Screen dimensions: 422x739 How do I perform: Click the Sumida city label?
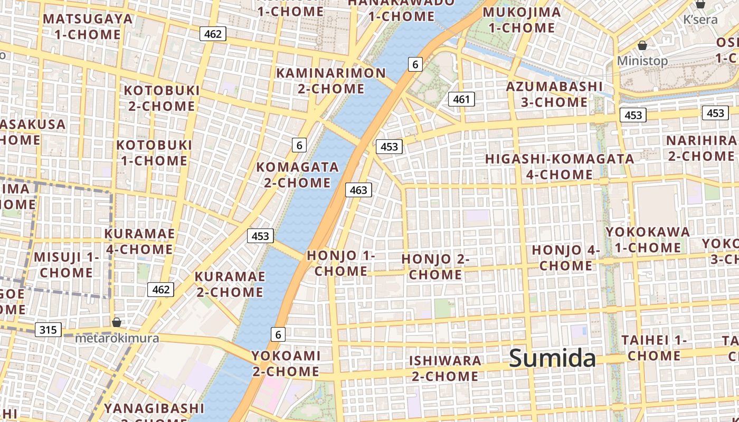tap(552, 359)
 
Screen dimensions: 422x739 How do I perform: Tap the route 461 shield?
tap(461, 99)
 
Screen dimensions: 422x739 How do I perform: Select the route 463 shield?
tap(358, 190)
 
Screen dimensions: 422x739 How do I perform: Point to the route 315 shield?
tap(48, 330)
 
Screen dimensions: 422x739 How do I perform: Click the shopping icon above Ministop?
tap(642, 45)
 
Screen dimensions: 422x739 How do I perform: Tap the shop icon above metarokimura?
tap(117, 322)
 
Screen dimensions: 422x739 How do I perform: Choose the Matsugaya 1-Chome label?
tap(88, 26)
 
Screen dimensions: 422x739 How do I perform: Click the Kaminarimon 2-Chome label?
tap(331, 80)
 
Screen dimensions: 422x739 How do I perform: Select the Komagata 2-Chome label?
tap(298, 175)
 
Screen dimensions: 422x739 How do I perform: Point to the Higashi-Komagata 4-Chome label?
tap(560, 166)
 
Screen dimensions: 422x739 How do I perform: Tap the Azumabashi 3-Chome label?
tap(554, 94)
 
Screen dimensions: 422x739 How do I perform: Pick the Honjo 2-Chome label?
tap(435, 266)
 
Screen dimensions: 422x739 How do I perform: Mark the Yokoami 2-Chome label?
tap(286, 363)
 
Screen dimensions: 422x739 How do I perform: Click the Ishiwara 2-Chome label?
tap(446, 368)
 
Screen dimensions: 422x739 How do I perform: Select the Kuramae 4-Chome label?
tap(139, 241)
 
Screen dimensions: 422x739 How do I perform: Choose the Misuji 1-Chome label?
tap(67, 265)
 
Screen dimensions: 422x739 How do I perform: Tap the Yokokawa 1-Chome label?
tap(648, 239)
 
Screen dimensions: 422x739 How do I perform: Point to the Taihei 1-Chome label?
tap(653, 348)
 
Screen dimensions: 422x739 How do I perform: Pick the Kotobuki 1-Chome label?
tap(154, 152)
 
